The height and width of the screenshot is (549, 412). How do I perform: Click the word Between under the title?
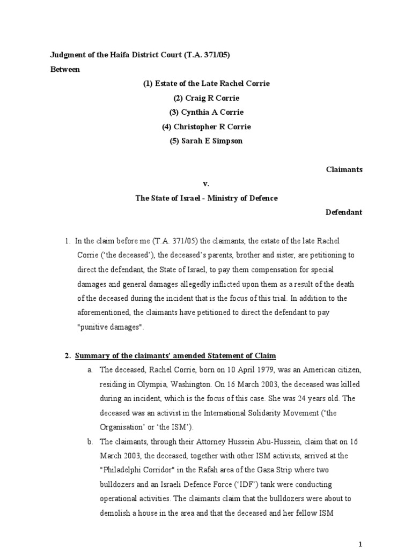coord(65,69)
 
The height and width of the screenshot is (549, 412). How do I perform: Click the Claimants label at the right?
coord(344,169)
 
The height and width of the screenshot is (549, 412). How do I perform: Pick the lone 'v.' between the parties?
coord(205,184)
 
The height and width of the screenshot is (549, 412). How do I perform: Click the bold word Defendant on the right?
coord(344,212)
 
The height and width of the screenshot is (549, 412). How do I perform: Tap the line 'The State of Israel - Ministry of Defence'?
coord(206,198)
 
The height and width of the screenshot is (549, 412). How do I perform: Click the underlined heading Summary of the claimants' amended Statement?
coord(175,355)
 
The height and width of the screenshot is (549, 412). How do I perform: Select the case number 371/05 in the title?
coord(222,55)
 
